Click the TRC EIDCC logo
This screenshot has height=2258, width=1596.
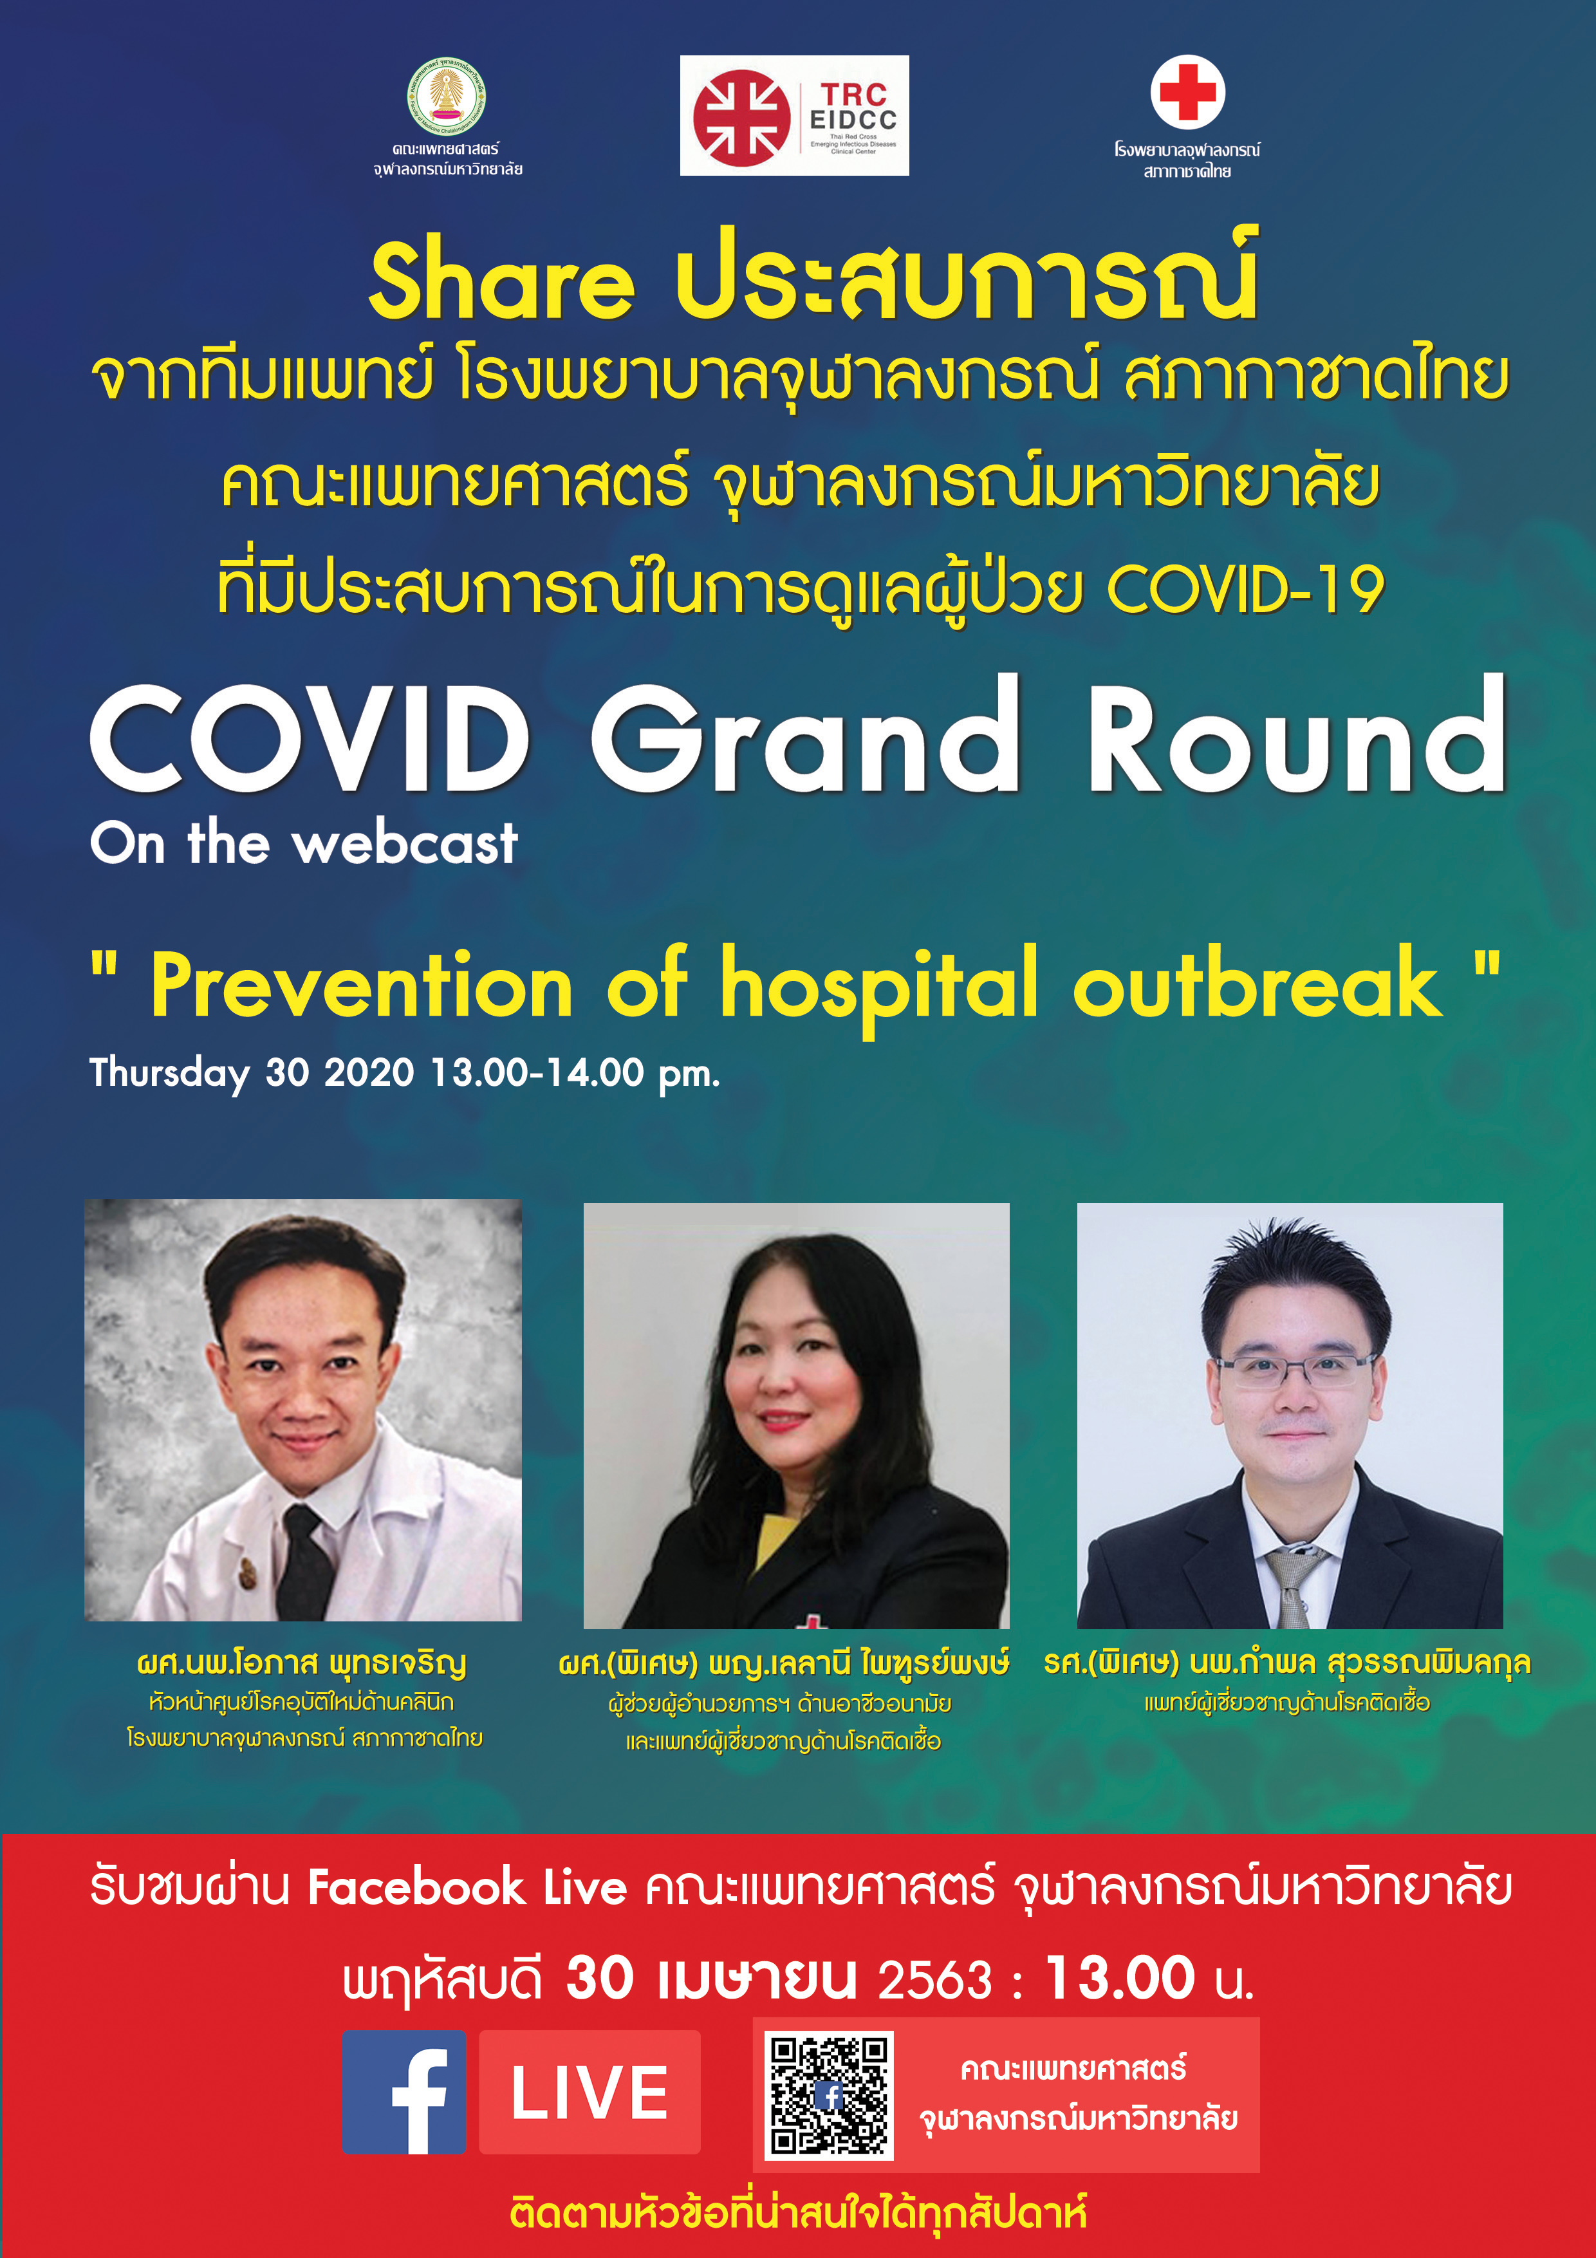click(x=795, y=115)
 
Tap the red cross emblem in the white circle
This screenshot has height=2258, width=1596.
click(x=1188, y=91)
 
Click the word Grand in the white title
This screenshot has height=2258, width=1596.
click(x=805, y=736)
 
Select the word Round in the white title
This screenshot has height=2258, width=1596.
click(x=1297, y=736)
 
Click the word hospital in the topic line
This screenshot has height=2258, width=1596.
click(x=879, y=986)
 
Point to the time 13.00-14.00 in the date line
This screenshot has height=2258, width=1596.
click(x=538, y=1072)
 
